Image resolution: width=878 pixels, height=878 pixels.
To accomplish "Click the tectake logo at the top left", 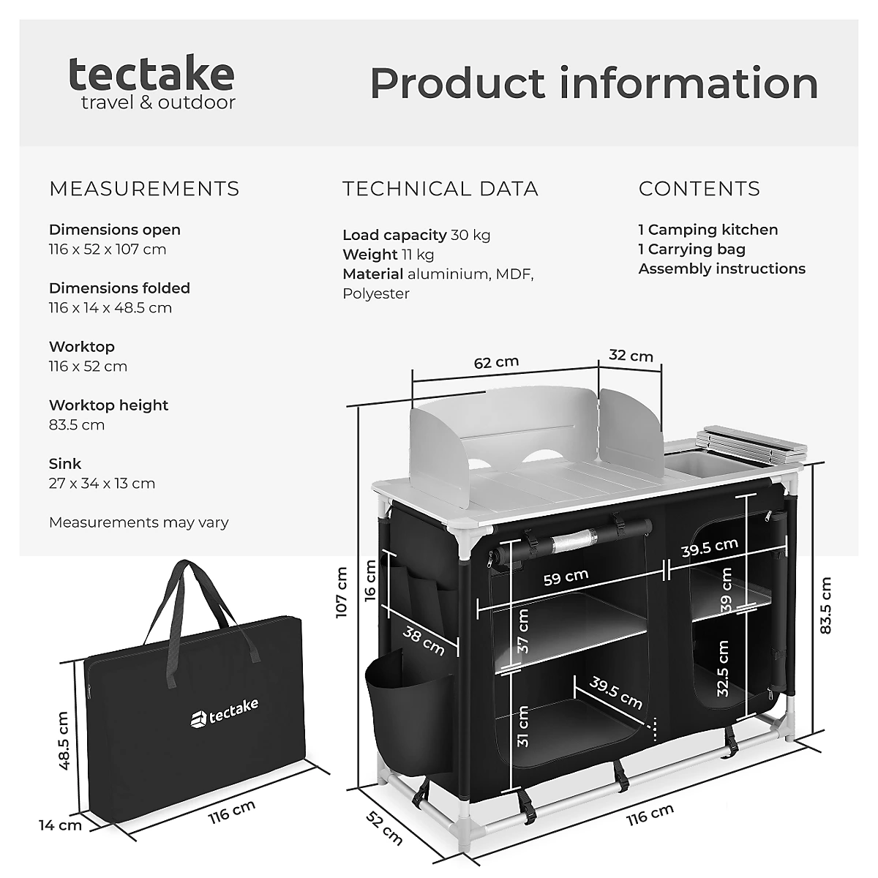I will pos(151,82).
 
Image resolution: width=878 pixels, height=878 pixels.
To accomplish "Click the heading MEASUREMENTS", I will pos(144,189).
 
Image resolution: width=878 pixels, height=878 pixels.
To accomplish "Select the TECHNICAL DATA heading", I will pos(440,189).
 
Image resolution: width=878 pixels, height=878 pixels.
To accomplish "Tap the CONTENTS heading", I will pos(699,189).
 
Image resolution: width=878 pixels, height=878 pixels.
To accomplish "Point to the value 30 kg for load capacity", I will pos(470,235).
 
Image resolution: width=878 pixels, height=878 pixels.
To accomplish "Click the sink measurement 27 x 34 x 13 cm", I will pos(102,483).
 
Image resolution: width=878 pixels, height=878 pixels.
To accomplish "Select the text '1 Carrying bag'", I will pos(691,249).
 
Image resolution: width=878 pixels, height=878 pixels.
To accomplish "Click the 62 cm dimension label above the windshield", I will pos(496,362).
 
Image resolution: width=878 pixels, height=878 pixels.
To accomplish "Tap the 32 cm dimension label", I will pos(631,356).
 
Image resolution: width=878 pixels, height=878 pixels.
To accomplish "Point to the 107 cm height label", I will pos(342,593).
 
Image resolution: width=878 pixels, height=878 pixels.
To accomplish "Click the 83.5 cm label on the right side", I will pos(825,605).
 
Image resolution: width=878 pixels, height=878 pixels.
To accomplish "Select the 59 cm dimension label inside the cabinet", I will pos(566,577).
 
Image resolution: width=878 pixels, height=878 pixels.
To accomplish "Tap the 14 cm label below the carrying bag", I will pos(60,825).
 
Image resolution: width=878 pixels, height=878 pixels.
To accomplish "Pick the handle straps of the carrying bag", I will pos(192,607).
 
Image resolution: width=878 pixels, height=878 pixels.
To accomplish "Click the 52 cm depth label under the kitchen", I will pos(384,828).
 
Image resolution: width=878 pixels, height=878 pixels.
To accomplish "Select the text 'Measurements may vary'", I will pos(138,522).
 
